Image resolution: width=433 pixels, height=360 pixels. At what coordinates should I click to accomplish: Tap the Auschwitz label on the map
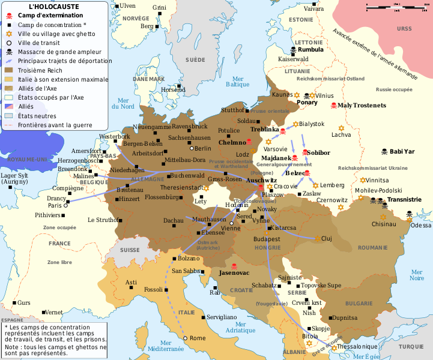click(261, 180)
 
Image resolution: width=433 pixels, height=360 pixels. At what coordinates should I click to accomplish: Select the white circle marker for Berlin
click(192, 148)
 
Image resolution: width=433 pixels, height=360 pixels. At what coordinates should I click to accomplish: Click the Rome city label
click(197, 338)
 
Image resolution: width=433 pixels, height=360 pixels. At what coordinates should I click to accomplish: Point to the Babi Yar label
click(402, 151)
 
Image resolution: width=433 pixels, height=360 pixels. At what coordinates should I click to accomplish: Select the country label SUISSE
click(130, 250)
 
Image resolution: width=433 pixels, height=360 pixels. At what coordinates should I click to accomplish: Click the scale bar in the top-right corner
click(396, 8)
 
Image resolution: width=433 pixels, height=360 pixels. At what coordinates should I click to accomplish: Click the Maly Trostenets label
click(362, 106)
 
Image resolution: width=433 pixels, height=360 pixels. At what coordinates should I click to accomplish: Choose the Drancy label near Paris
click(58, 197)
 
